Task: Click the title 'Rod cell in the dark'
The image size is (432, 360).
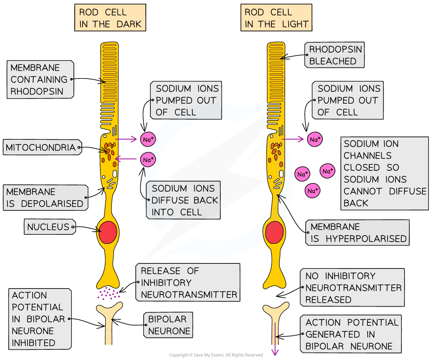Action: [x=110, y=18]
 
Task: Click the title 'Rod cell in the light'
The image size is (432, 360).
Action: [x=276, y=18]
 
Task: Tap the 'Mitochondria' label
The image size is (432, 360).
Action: [x=40, y=148]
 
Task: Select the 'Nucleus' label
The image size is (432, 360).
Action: [x=48, y=227]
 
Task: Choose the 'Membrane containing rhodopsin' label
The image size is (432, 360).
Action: [x=39, y=79]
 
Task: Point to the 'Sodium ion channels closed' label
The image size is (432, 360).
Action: [x=384, y=173]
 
